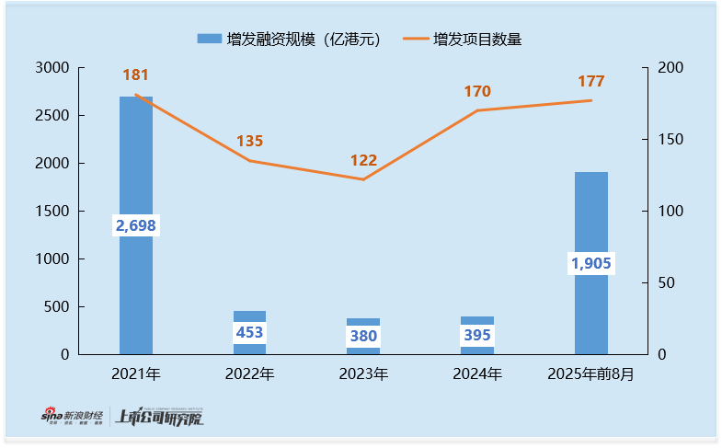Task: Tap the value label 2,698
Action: click(136, 225)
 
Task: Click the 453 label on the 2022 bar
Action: click(249, 333)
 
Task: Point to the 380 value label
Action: click(363, 336)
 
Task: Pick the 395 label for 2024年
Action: click(477, 335)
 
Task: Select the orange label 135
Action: click(249, 141)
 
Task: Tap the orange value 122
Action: click(363, 160)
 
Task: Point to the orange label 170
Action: click(477, 91)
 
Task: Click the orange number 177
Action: click(591, 81)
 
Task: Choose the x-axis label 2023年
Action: click(363, 374)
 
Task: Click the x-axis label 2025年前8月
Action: click(591, 374)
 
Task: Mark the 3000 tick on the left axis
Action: click(52, 68)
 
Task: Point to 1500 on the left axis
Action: click(52, 212)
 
